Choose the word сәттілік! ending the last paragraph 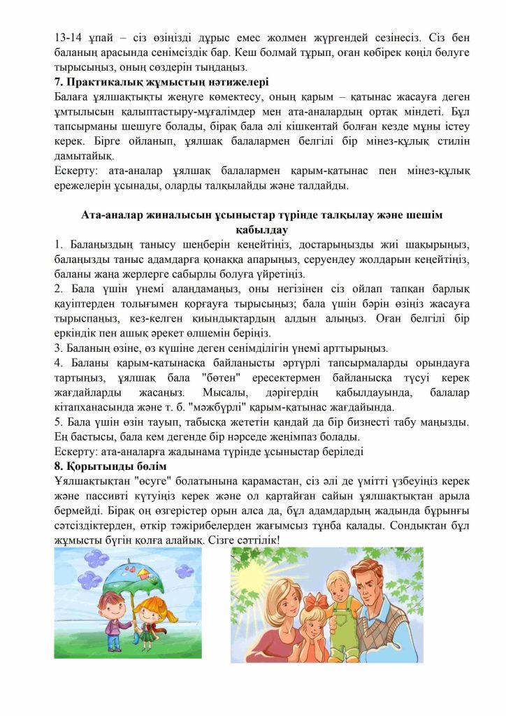point(255,539)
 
